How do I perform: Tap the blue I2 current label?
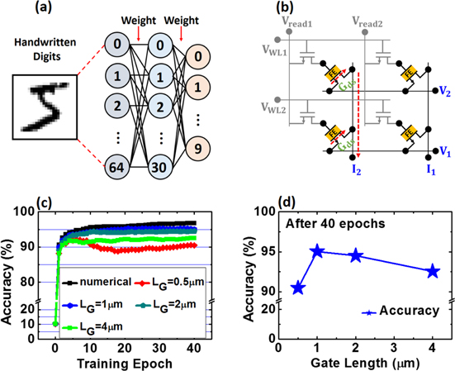pos(357,173)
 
